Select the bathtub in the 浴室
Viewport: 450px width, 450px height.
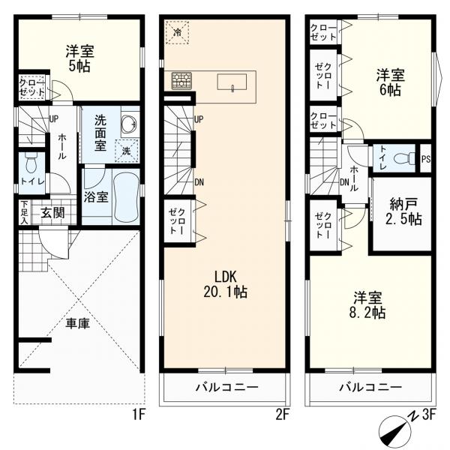126,196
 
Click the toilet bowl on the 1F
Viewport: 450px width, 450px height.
31,163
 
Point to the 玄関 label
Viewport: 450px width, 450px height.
52,213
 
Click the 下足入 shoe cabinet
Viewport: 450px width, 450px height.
25,213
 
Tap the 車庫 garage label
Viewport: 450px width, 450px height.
78,323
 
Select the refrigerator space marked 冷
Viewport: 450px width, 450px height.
177,32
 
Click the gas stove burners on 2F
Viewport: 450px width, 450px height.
181,81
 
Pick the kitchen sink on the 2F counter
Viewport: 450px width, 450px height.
232,82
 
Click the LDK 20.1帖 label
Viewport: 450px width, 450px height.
225,285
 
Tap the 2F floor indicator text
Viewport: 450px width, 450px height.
283,415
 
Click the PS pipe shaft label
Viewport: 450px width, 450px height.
426,159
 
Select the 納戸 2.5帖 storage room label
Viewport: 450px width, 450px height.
403,211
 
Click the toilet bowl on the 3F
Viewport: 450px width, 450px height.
404,158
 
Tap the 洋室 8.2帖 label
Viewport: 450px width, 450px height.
367,305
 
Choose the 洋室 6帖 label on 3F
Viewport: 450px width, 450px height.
390,82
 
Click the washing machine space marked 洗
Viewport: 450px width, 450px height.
127,151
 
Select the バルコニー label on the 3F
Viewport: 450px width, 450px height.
370,388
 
